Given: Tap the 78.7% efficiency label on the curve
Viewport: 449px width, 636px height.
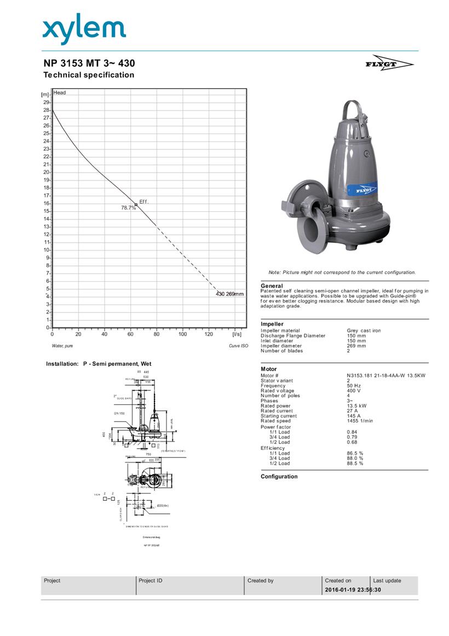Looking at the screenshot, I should click(128, 208).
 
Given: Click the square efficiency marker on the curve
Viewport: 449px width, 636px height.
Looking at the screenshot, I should click(136, 205).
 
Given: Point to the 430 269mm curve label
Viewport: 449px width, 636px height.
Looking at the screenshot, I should click(229, 294).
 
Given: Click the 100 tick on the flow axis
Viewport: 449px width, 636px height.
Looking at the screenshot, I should click(183, 334).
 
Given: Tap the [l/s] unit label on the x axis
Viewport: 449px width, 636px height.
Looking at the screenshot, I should click(237, 334).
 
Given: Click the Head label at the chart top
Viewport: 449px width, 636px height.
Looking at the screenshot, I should click(60, 92).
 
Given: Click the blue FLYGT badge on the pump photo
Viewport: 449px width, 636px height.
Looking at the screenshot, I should click(364, 189).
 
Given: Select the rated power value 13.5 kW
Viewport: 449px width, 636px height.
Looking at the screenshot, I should click(358, 406).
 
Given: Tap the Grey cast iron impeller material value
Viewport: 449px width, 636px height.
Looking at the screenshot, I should click(364, 331).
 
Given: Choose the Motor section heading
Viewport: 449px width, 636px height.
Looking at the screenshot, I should click(269, 369).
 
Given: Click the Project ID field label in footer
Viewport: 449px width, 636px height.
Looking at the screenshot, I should click(151, 581).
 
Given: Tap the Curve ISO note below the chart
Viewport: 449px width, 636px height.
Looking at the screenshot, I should click(238, 346).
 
